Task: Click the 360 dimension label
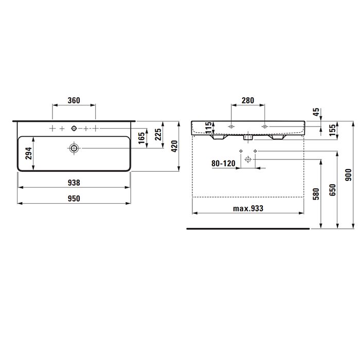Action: click(74, 100)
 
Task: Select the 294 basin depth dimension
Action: click(29, 154)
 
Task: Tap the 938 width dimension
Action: click(74, 182)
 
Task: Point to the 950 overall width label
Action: click(74, 199)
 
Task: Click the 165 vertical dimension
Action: click(141, 138)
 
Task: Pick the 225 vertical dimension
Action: click(158, 135)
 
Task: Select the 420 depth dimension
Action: click(174, 146)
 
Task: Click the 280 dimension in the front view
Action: click(247, 100)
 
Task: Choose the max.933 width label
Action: click(248, 208)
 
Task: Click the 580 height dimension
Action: click(316, 193)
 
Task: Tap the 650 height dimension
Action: click(332, 191)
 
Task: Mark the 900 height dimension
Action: click(348, 175)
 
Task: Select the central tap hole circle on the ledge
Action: click(74, 127)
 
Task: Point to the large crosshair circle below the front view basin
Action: click(248, 160)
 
